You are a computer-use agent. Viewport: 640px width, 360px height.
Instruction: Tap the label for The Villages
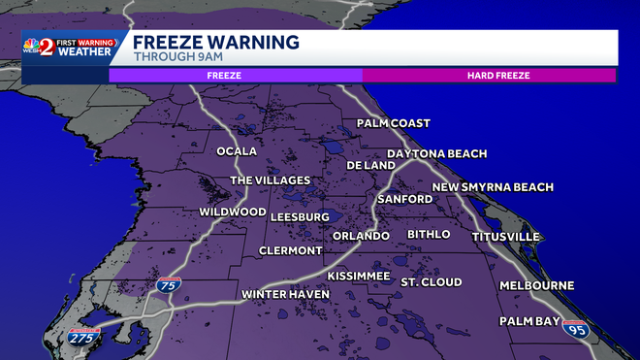(270, 180)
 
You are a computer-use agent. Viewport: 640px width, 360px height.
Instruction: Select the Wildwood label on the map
(233, 212)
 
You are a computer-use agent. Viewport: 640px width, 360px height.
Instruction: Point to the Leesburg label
(300, 216)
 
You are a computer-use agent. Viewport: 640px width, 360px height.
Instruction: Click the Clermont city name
(290, 250)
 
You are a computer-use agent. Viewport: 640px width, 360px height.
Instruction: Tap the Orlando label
(361, 236)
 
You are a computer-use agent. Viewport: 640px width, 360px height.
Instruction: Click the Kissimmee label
(358, 277)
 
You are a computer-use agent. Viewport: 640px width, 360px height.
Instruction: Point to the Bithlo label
(429, 235)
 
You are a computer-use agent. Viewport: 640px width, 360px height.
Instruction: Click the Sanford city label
(404, 199)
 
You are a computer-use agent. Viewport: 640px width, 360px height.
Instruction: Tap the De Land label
(370, 165)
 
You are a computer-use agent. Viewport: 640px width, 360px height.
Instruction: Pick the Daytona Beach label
(436, 153)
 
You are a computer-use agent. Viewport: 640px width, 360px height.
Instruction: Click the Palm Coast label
(393, 123)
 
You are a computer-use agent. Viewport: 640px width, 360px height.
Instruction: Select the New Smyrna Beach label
(493, 187)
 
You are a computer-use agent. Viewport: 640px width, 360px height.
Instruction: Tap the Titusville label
(505, 237)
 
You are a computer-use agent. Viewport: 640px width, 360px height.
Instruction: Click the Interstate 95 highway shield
(575, 330)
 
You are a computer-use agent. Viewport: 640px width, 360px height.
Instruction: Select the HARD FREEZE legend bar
(489, 74)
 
